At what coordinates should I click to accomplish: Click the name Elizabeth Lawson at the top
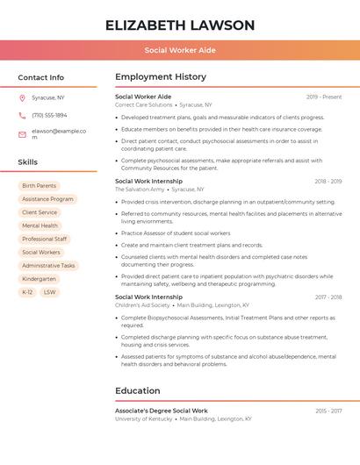180,25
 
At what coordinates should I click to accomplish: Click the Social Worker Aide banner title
180,50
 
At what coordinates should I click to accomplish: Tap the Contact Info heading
40,77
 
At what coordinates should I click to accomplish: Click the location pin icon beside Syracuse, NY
22,97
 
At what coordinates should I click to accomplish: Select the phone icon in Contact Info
22,115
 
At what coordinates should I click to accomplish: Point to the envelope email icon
22,133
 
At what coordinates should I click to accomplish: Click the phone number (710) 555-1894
49,115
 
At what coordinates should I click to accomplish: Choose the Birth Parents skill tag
39,186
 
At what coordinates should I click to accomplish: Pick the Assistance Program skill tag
47,199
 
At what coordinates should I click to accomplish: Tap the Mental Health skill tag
40,225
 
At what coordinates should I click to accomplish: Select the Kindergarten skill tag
39,278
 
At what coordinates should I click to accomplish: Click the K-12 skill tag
27,291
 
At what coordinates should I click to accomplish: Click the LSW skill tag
49,291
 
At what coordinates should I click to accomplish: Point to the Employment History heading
161,77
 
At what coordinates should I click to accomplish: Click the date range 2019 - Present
324,97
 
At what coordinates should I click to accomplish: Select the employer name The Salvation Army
140,189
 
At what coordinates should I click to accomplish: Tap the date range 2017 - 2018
328,297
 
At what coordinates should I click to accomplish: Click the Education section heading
138,390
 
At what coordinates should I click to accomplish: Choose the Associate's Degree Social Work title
162,411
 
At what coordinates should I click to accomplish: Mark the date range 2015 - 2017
328,411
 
